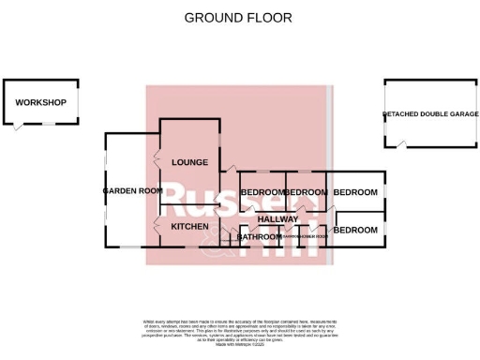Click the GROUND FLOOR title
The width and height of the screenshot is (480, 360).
[x=237, y=17]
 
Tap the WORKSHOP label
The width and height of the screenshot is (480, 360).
[x=40, y=102]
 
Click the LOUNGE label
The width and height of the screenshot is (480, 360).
[x=189, y=162]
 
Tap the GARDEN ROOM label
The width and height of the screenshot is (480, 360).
[x=132, y=190]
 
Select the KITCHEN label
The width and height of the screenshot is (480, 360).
[x=189, y=226]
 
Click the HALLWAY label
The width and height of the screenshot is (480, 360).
[x=277, y=219]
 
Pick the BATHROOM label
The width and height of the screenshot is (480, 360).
[x=260, y=237]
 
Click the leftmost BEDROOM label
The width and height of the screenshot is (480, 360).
[x=262, y=192]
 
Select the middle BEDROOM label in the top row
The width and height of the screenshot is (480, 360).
[x=307, y=192]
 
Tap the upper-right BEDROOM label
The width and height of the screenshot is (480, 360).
[x=356, y=192]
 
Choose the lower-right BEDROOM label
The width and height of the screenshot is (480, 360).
[x=356, y=230]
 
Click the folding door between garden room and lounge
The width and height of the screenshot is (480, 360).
[x=157, y=164]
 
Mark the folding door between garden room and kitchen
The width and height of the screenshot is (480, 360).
[x=157, y=226]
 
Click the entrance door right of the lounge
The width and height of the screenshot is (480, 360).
[x=227, y=169]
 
